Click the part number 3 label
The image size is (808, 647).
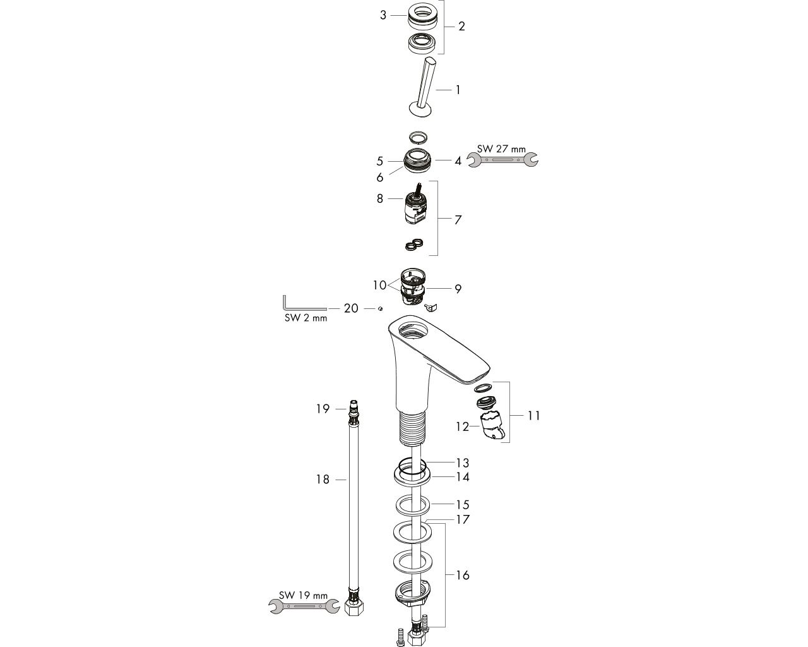click(x=383, y=15)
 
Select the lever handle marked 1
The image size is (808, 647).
click(x=424, y=88)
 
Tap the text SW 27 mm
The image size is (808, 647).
click(x=501, y=149)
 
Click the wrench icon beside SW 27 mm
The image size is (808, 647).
click(x=502, y=159)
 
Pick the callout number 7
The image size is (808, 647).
click(x=458, y=219)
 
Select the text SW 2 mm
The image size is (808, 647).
click(x=306, y=318)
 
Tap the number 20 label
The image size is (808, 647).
click(x=351, y=308)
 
